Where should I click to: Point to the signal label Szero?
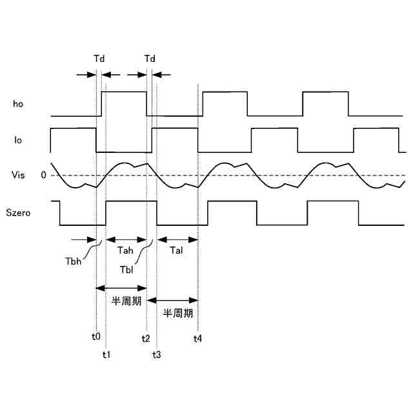(23, 212)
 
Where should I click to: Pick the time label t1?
(106, 354)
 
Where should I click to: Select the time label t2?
(146, 337)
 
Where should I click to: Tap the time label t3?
(157, 354)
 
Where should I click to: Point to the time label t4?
(197, 337)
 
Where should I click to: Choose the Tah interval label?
(126, 250)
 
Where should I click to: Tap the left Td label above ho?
(99, 59)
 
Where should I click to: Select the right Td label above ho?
(150, 59)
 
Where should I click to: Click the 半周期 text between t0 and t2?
(122, 300)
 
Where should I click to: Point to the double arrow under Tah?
(126, 239)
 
